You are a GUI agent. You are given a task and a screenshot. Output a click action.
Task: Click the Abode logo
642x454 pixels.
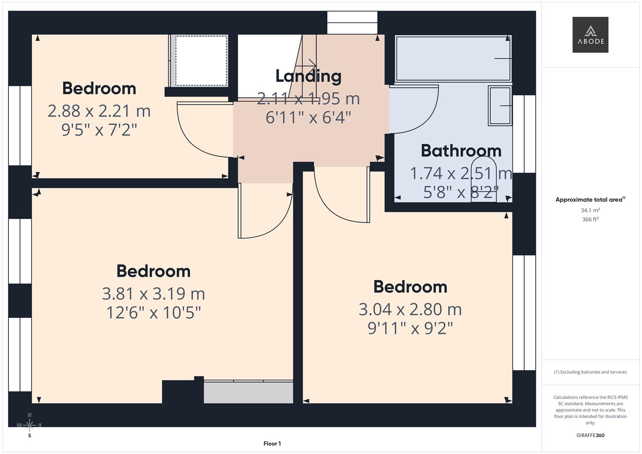[590, 35]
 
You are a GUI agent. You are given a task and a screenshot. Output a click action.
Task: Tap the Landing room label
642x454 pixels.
[308, 76]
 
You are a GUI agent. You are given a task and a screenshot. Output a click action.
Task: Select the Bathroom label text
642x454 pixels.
[461, 151]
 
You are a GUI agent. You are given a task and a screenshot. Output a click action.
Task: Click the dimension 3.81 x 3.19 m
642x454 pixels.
[153, 293]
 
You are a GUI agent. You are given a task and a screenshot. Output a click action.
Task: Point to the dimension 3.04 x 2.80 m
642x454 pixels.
[410, 309]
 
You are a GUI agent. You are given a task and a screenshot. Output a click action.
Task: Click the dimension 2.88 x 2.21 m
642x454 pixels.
[99, 111]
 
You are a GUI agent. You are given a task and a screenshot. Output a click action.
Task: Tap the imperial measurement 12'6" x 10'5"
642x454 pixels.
[153, 313]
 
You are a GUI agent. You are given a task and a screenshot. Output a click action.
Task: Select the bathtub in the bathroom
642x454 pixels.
[453, 58]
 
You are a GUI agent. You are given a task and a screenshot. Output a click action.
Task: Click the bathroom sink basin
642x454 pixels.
[500, 106]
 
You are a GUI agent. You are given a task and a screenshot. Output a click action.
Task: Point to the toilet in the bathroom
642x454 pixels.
[483, 179]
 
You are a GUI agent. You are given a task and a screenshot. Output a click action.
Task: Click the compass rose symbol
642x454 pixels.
[29, 425]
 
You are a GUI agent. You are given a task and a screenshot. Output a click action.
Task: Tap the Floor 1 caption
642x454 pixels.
[272, 443]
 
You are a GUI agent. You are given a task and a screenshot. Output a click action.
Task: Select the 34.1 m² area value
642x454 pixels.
[590, 210]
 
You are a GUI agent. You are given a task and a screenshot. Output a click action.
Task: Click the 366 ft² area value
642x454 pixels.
[590, 219]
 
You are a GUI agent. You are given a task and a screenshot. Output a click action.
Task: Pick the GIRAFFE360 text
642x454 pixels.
[590, 435]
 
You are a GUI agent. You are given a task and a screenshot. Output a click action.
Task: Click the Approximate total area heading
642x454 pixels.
[590, 200]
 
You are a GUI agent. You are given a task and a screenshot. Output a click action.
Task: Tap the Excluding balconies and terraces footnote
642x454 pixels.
[590, 372]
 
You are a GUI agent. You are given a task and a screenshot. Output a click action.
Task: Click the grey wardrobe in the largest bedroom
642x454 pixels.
[248, 392]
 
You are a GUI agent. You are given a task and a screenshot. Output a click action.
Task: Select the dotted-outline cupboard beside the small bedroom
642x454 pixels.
[201, 61]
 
